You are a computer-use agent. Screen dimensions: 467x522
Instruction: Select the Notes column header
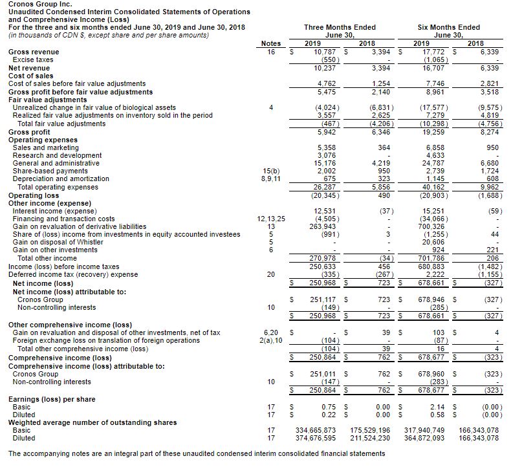click(x=270, y=43)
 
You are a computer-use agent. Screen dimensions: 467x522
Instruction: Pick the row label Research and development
click(x=57, y=155)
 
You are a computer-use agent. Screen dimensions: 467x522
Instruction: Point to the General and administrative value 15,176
click(x=328, y=163)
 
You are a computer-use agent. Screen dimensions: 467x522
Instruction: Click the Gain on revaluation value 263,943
click(x=327, y=226)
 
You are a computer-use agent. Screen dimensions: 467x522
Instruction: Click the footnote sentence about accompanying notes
click(x=196, y=453)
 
